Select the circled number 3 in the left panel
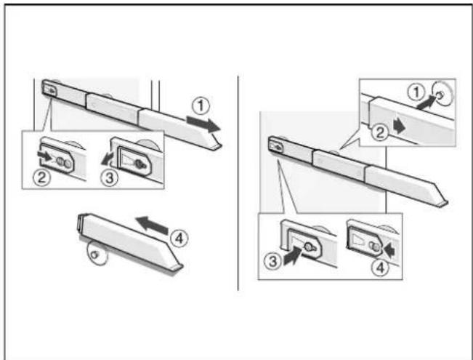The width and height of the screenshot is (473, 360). click(109, 178)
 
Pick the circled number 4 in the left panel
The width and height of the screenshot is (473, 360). click(179, 239)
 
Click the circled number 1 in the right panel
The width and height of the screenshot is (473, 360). click(416, 92)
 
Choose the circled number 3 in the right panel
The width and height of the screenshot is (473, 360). click(272, 261)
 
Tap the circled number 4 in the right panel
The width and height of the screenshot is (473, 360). click(380, 267)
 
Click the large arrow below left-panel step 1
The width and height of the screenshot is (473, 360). click(203, 124)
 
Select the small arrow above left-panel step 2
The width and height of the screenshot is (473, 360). click(44, 155)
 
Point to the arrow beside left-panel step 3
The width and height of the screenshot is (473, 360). click(108, 159)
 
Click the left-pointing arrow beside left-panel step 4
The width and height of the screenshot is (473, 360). click(152, 225)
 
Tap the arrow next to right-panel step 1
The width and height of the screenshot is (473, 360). click(426, 101)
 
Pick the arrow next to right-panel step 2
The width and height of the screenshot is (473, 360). click(400, 127)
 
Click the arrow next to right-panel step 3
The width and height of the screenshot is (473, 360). click(293, 256)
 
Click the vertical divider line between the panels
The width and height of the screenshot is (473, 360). click(238, 183)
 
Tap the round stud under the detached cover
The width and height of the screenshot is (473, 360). click(94, 255)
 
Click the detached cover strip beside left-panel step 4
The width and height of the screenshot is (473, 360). click(130, 241)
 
